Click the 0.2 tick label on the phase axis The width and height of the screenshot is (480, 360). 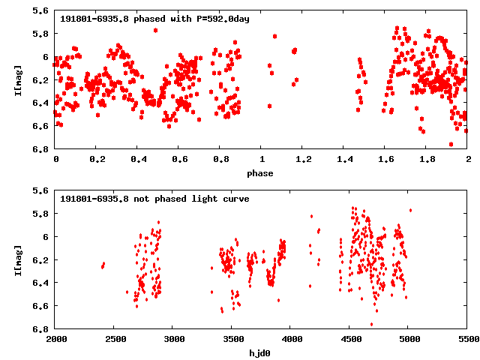96,160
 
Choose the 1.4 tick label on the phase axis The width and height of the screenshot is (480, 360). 343,160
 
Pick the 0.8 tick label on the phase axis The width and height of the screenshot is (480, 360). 220,160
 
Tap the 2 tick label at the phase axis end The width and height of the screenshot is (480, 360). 467,160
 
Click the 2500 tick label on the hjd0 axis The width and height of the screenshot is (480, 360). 115,340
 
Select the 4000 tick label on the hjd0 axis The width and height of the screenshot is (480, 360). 291,340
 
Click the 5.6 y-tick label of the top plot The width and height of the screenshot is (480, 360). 41,11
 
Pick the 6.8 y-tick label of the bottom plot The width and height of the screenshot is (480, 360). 41,329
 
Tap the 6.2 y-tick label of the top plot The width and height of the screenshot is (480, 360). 41,80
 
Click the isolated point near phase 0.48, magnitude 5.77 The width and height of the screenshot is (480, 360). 155,30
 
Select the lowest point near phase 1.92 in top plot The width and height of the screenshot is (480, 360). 451,144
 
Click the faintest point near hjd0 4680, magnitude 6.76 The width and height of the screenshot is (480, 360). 371,324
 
